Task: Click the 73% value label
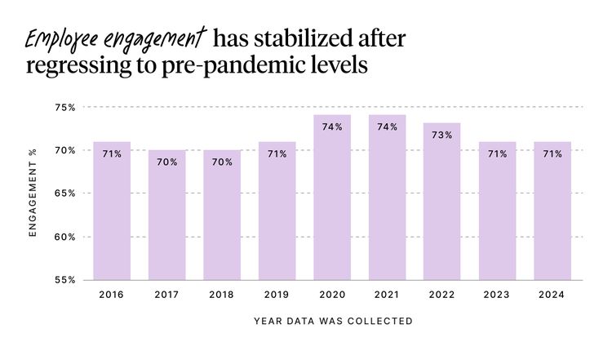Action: click(x=442, y=136)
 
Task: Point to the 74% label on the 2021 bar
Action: click(x=387, y=127)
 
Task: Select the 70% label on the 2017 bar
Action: click(x=166, y=162)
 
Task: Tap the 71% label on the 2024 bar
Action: click(x=552, y=153)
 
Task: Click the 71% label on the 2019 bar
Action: click(x=277, y=153)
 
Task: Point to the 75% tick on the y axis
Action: click(x=65, y=107)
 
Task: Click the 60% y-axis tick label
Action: click(x=65, y=237)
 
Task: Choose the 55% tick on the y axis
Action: click(x=65, y=280)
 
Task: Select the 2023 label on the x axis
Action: click(x=497, y=294)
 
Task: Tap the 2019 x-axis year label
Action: click(x=277, y=294)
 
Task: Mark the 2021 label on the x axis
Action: click(x=387, y=294)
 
